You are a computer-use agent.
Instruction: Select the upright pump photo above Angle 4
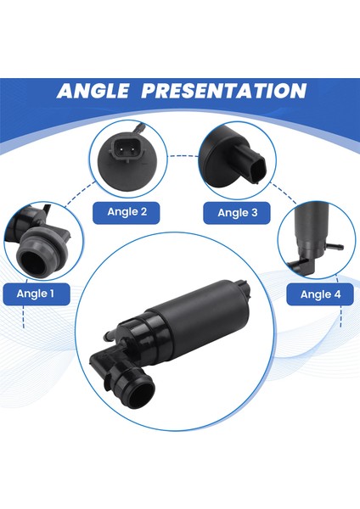tap(313, 238)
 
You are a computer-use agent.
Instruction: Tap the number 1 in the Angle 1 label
tap(64, 294)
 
